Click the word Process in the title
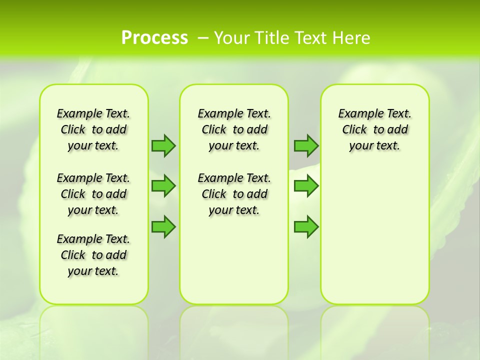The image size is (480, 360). [154, 37]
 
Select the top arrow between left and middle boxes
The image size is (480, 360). [163, 145]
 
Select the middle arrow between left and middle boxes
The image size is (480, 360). [163, 186]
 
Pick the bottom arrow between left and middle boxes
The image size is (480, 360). [163, 226]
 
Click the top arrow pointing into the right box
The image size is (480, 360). [306, 145]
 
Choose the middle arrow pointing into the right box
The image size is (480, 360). [306, 186]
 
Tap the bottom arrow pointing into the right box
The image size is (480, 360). [306, 226]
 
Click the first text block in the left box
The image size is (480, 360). [93, 129]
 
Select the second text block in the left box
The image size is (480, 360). [93, 194]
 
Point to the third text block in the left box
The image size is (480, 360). [93, 255]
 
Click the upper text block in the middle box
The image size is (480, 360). [234, 129]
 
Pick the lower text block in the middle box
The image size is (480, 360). [234, 194]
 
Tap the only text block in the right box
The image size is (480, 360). [374, 129]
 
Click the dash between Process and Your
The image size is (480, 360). [203, 38]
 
